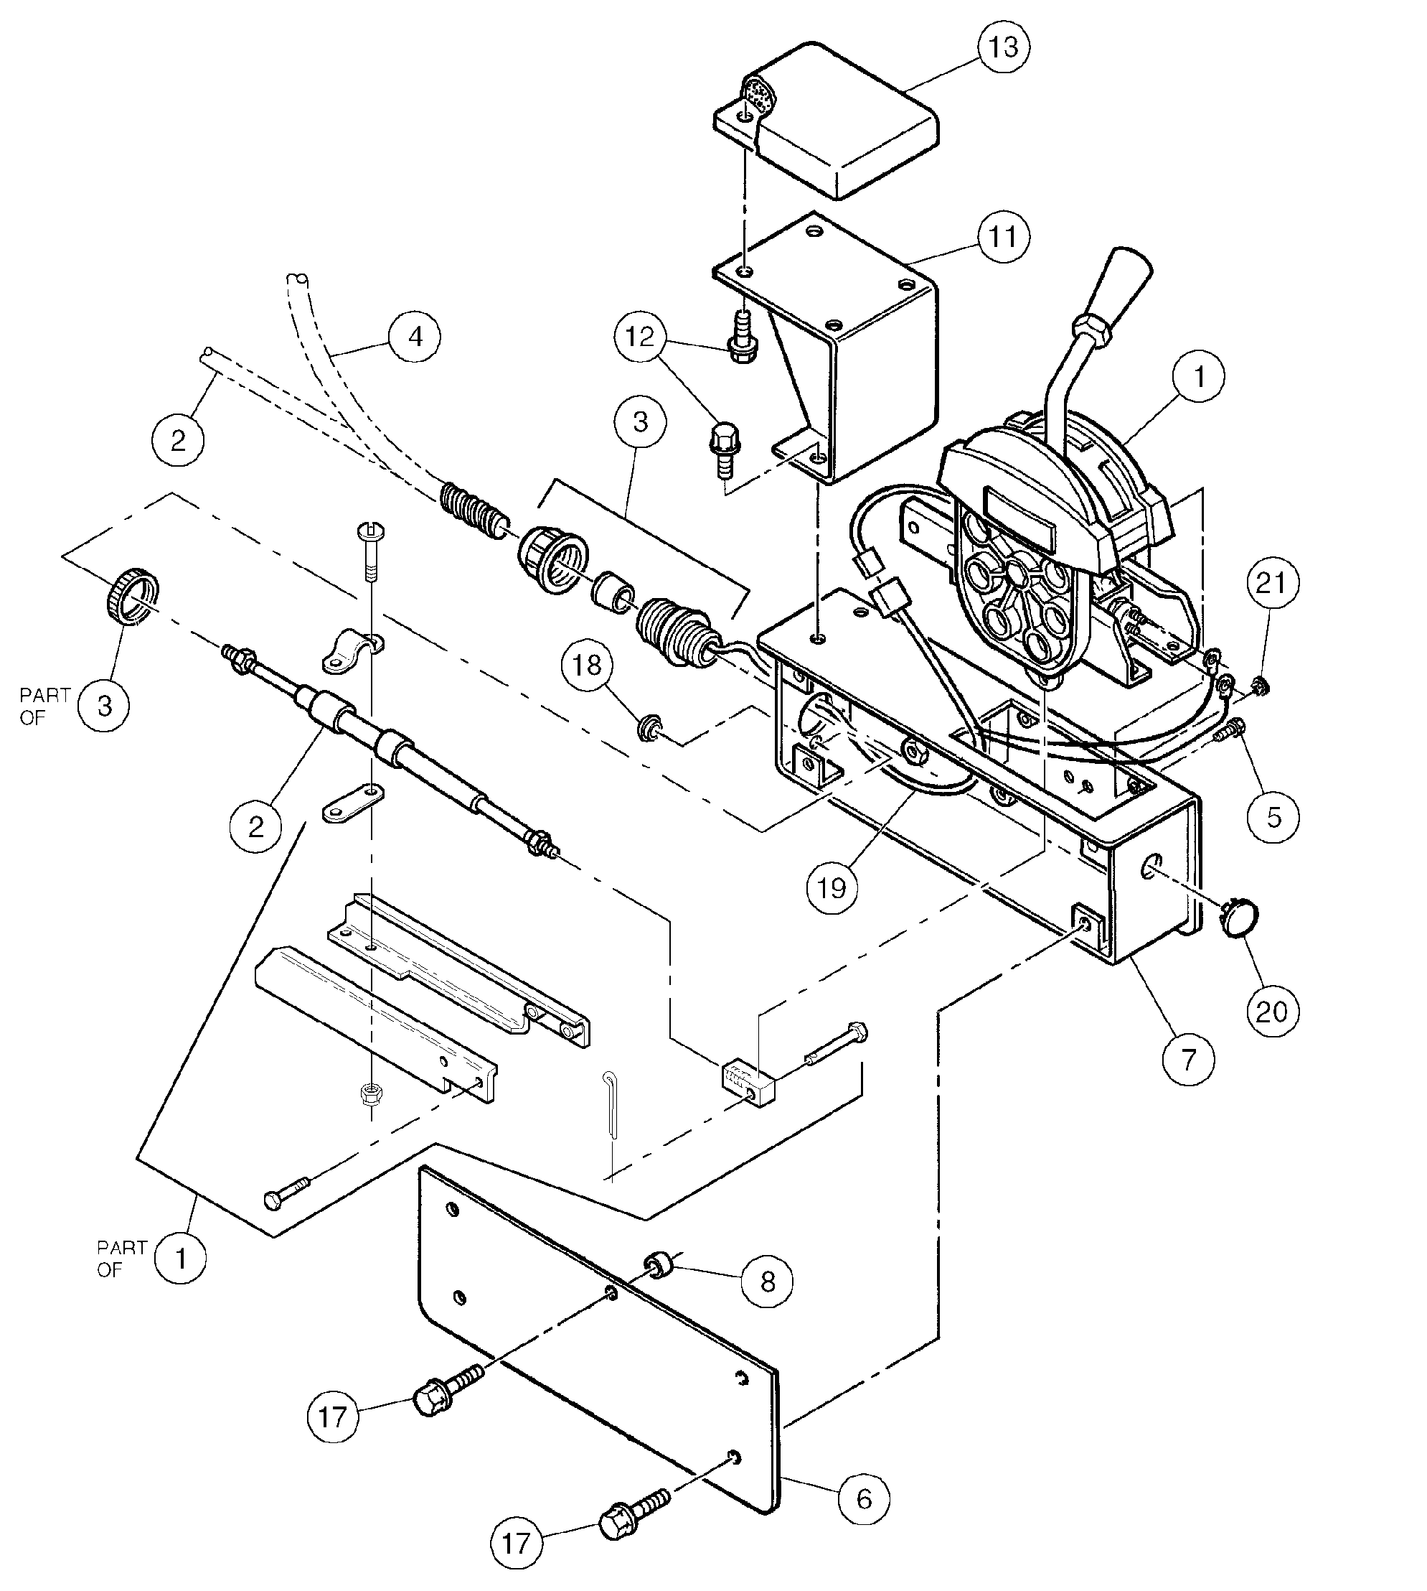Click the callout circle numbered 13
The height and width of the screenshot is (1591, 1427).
[x=1004, y=47]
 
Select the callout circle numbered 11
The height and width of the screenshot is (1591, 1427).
[x=1004, y=236]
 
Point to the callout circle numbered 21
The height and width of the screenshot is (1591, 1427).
[x=1272, y=583]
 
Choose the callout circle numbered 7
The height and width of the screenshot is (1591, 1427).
[x=1189, y=1060]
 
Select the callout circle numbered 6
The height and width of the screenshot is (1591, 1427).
[x=864, y=1499]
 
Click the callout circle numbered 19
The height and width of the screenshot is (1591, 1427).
[x=832, y=888]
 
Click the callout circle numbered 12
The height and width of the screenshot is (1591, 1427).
[x=640, y=337]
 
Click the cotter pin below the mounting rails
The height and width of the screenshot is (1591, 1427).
[x=613, y=1102]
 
